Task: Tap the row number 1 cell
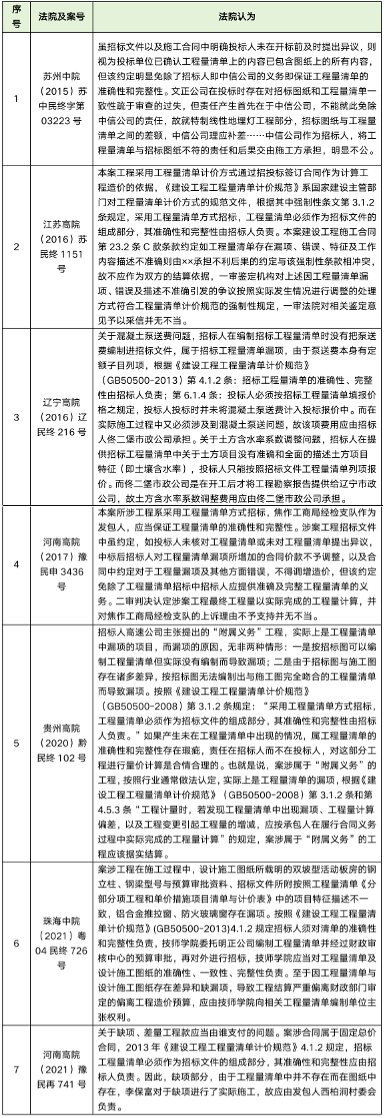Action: pyautogui.click(x=17, y=99)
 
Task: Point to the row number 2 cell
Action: pyautogui.click(x=17, y=246)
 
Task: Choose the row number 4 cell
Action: pyautogui.click(x=17, y=564)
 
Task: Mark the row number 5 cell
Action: pyautogui.click(x=17, y=742)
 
